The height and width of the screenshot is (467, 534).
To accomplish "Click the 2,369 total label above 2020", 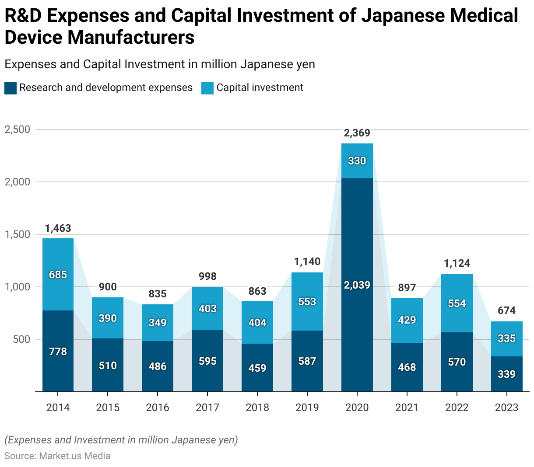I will (357, 133).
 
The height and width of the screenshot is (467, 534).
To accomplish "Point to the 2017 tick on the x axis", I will (207, 408).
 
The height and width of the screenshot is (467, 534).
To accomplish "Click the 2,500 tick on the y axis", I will (18, 129).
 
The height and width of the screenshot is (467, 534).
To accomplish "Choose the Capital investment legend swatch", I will (207, 88).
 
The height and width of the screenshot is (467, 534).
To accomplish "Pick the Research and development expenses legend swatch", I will (11, 88).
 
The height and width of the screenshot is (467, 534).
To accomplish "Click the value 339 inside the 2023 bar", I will (506, 374).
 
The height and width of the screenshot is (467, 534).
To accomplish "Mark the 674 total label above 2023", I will (506, 310).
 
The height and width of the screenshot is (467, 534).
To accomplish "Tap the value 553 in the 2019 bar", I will (307, 302).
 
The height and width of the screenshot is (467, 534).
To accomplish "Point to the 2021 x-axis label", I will (407, 408).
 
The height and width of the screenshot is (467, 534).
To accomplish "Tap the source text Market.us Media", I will (74, 456).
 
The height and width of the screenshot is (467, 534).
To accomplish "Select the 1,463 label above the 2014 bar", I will (58, 228).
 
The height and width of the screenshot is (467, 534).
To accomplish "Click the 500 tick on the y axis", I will (21, 339).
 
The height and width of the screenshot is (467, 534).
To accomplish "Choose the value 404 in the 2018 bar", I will (257, 323).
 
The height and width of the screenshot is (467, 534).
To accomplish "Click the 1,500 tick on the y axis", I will (18, 234).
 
